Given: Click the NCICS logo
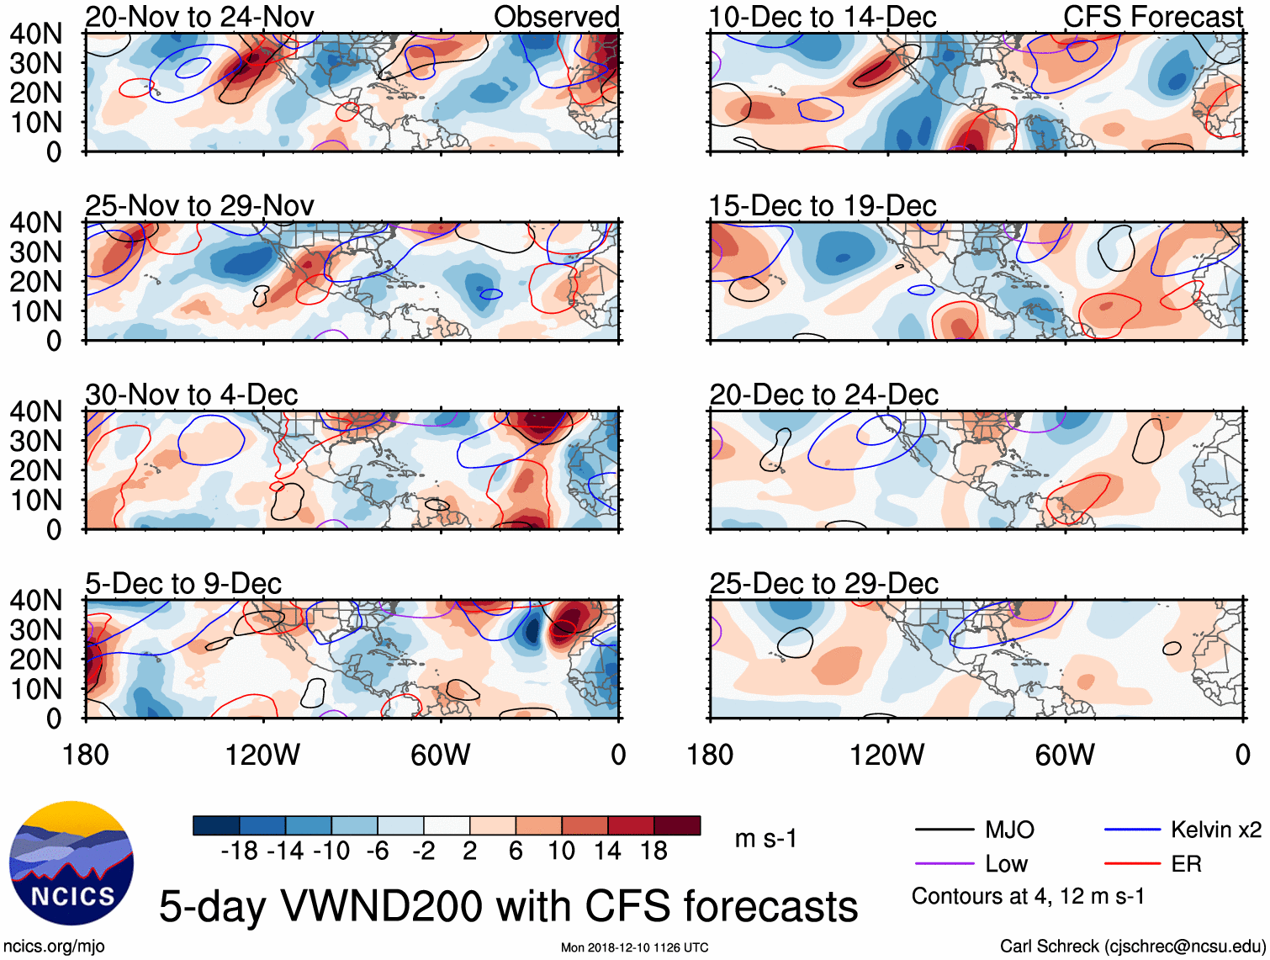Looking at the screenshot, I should click(71, 862).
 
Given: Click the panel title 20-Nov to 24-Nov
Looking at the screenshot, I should click(199, 17).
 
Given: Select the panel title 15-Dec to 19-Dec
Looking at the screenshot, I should click(823, 206).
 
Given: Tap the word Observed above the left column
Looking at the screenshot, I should click(557, 17).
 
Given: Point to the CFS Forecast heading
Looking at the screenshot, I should click(1153, 17).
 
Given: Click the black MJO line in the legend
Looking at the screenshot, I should click(944, 830).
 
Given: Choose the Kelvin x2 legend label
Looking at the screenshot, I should click(1215, 830).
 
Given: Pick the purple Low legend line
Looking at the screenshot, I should click(944, 864).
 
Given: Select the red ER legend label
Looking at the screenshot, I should click(1186, 864).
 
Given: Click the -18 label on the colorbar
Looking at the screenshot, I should click(240, 851).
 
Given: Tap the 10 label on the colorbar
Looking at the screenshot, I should click(562, 851).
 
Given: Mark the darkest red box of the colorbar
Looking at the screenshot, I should click(677, 825).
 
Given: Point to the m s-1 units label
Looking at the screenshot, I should click(765, 839).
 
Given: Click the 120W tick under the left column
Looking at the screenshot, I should click(262, 755).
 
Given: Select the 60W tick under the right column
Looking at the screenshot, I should click(1065, 755).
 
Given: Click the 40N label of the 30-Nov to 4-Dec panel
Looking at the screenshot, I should click(35, 411).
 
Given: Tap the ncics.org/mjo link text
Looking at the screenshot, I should click(53, 947).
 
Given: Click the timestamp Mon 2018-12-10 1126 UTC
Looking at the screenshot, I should click(634, 947).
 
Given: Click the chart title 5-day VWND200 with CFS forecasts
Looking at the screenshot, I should click(508, 907).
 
